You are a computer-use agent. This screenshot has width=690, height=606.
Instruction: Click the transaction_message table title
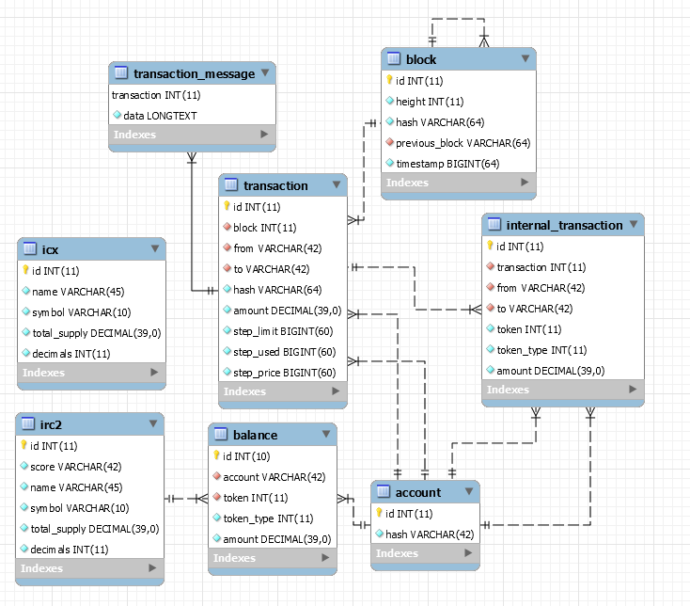(194, 73)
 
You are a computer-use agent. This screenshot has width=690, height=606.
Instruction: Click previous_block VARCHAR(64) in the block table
(463, 143)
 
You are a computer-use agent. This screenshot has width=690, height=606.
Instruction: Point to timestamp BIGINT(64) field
(447, 164)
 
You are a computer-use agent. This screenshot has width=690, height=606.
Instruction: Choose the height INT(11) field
(430, 102)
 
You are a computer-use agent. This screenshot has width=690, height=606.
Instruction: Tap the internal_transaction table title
(564, 225)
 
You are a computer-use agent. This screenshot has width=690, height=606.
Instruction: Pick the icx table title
(51, 249)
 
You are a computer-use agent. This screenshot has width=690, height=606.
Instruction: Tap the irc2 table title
(53, 424)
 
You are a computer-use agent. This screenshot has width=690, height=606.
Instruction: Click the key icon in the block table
(389, 81)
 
